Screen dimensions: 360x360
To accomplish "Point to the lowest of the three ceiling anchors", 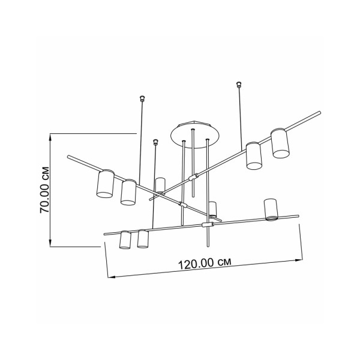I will click(156, 142).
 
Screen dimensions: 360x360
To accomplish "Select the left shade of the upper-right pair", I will click(253, 156).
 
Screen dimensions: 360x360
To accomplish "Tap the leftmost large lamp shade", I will click(106, 184).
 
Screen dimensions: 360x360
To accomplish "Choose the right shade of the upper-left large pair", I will click(128, 192).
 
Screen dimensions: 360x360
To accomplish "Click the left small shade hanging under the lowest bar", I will click(125, 239).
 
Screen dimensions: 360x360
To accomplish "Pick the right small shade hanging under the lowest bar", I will click(143, 239).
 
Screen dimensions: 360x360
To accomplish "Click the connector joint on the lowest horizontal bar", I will click(208, 224).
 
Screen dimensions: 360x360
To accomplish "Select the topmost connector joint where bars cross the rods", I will click(193, 177).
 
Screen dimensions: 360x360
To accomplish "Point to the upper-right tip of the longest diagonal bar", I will click(320, 112).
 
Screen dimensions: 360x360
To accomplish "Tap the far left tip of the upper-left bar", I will click(68, 157).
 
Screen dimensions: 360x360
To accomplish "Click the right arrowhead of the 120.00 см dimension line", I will click(299, 259).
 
